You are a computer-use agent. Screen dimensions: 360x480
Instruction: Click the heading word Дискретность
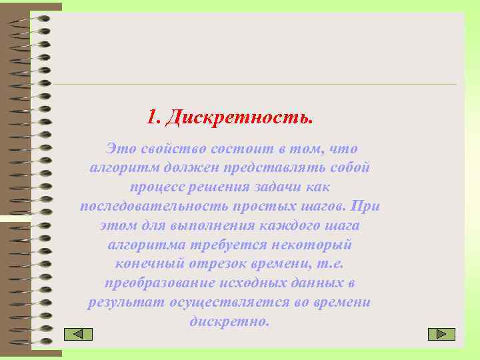tap(239, 118)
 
